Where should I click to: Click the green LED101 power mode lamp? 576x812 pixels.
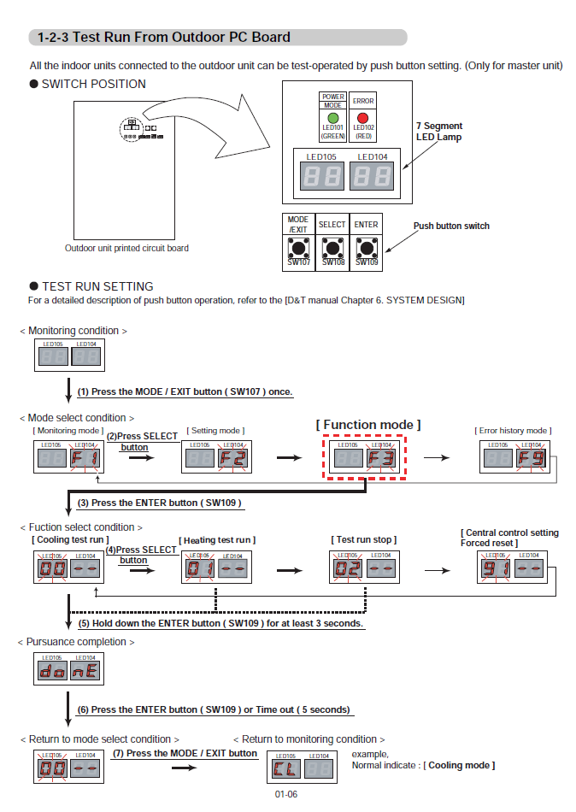(x=332, y=117)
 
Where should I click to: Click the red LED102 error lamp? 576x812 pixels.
(x=362, y=117)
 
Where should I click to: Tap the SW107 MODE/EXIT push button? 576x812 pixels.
(x=298, y=249)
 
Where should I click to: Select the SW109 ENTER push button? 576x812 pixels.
(x=367, y=249)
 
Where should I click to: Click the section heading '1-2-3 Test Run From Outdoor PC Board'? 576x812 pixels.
(x=165, y=38)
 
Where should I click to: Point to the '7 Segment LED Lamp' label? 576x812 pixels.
(x=439, y=131)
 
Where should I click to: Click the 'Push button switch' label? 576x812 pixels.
(x=451, y=226)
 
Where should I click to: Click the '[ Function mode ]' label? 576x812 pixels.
(x=368, y=425)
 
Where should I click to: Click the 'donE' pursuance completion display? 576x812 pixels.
(x=68, y=668)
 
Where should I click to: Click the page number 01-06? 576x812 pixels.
(x=286, y=794)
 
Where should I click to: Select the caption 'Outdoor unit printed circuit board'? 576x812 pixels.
(x=127, y=249)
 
